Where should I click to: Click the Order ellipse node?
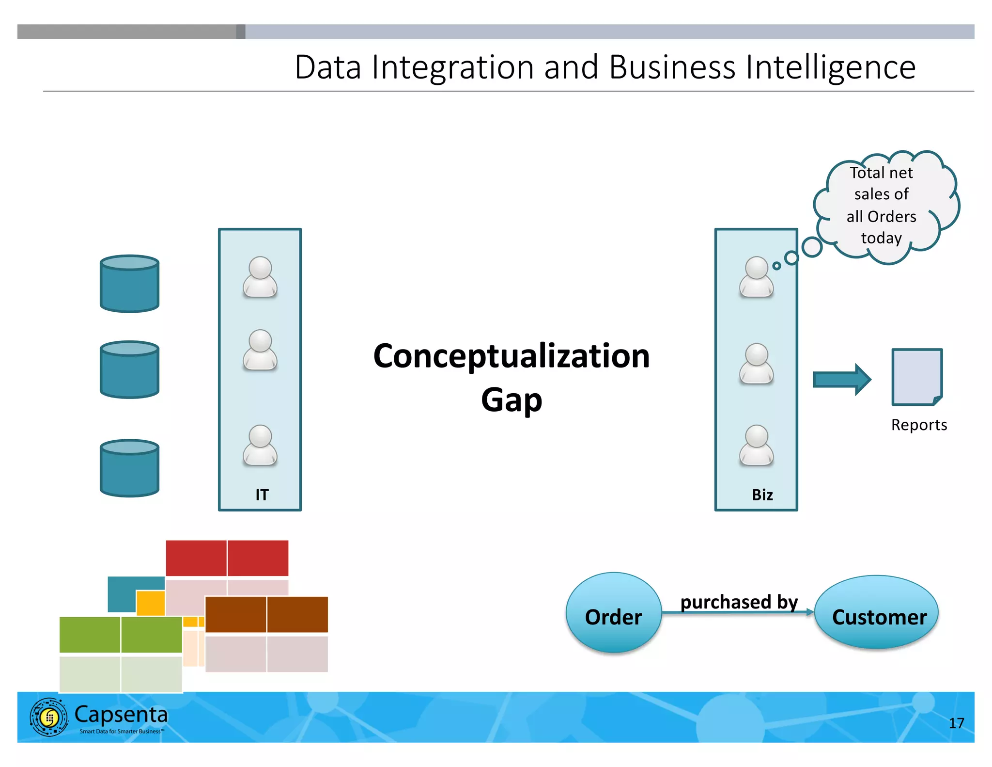(x=613, y=613)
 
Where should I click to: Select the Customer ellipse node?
(x=876, y=612)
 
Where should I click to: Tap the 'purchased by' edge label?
(x=739, y=602)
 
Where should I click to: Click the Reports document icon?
(x=917, y=377)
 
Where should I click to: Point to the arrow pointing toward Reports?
(x=842, y=379)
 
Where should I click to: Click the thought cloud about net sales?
(x=884, y=206)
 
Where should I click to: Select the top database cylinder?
(x=129, y=284)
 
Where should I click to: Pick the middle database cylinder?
(x=129, y=369)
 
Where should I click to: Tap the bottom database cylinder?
(x=129, y=468)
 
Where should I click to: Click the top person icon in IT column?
(x=260, y=277)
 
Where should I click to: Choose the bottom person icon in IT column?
(x=260, y=445)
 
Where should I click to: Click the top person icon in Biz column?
(x=756, y=277)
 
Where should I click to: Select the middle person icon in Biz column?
(x=756, y=364)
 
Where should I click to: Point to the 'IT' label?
(x=262, y=495)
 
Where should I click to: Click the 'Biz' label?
(x=762, y=495)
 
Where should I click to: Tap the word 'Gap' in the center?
(x=511, y=400)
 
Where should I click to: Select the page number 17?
(x=956, y=723)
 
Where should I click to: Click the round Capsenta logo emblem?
(x=49, y=717)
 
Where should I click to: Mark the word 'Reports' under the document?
(x=919, y=425)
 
